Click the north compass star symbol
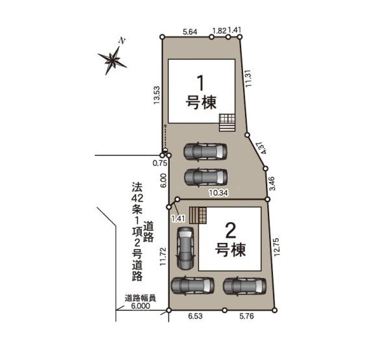point(112,60)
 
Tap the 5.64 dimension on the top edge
point(190,32)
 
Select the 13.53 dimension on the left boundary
point(157,96)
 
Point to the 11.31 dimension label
point(248,77)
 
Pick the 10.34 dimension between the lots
point(218,193)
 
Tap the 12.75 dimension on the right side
point(277,248)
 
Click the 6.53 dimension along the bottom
point(195,316)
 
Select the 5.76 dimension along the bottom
point(246,316)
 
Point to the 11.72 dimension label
point(163,256)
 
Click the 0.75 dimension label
point(160,163)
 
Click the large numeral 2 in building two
point(230,231)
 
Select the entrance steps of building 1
point(227,123)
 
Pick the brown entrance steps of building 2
point(198,215)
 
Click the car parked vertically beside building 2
point(185,248)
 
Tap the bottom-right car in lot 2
point(245,286)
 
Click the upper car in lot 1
point(205,151)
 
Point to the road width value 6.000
point(140,306)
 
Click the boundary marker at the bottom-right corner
point(274,310)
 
